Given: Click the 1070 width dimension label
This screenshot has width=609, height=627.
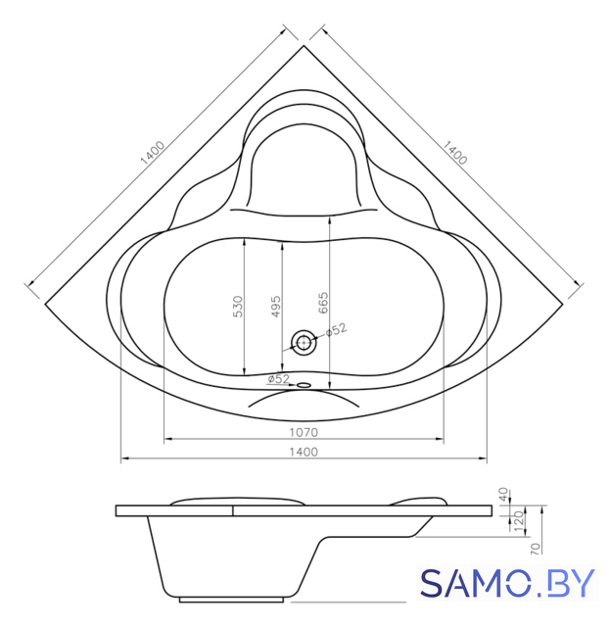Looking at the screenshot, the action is coord(304,432).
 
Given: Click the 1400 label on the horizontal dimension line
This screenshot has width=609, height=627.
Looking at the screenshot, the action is coord(304,452).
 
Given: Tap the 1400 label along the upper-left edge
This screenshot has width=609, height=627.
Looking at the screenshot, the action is coord(153,153).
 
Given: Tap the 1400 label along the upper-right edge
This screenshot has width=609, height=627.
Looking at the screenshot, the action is coord(454,153).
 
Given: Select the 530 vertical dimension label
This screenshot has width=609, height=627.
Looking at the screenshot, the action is coord(238,307).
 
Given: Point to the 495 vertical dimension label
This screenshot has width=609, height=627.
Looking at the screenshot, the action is coord(276,307).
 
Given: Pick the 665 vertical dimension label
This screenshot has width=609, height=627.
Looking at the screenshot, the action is coord(323,303).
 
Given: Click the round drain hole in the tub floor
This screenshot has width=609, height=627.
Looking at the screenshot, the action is coord(304,343).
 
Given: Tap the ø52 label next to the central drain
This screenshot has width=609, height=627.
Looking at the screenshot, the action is coord(337,330).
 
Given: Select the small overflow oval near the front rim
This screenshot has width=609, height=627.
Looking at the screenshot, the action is coord(304,385).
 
